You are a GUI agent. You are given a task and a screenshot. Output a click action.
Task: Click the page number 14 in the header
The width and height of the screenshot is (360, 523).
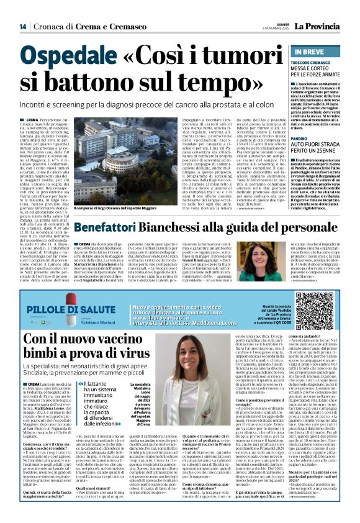pyautogui.click(x=22, y=27)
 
